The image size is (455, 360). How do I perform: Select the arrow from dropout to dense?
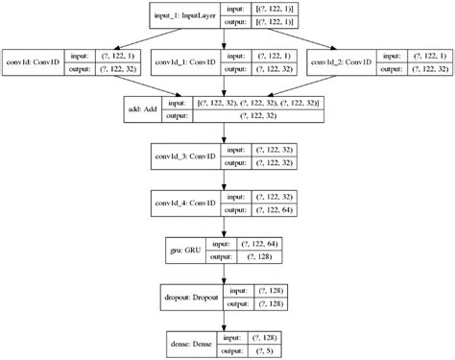click(x=226, y=319)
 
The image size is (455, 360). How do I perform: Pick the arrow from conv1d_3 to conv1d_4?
click(x=226, y=179)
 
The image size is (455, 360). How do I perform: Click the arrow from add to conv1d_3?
click(x=226, y=132)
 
